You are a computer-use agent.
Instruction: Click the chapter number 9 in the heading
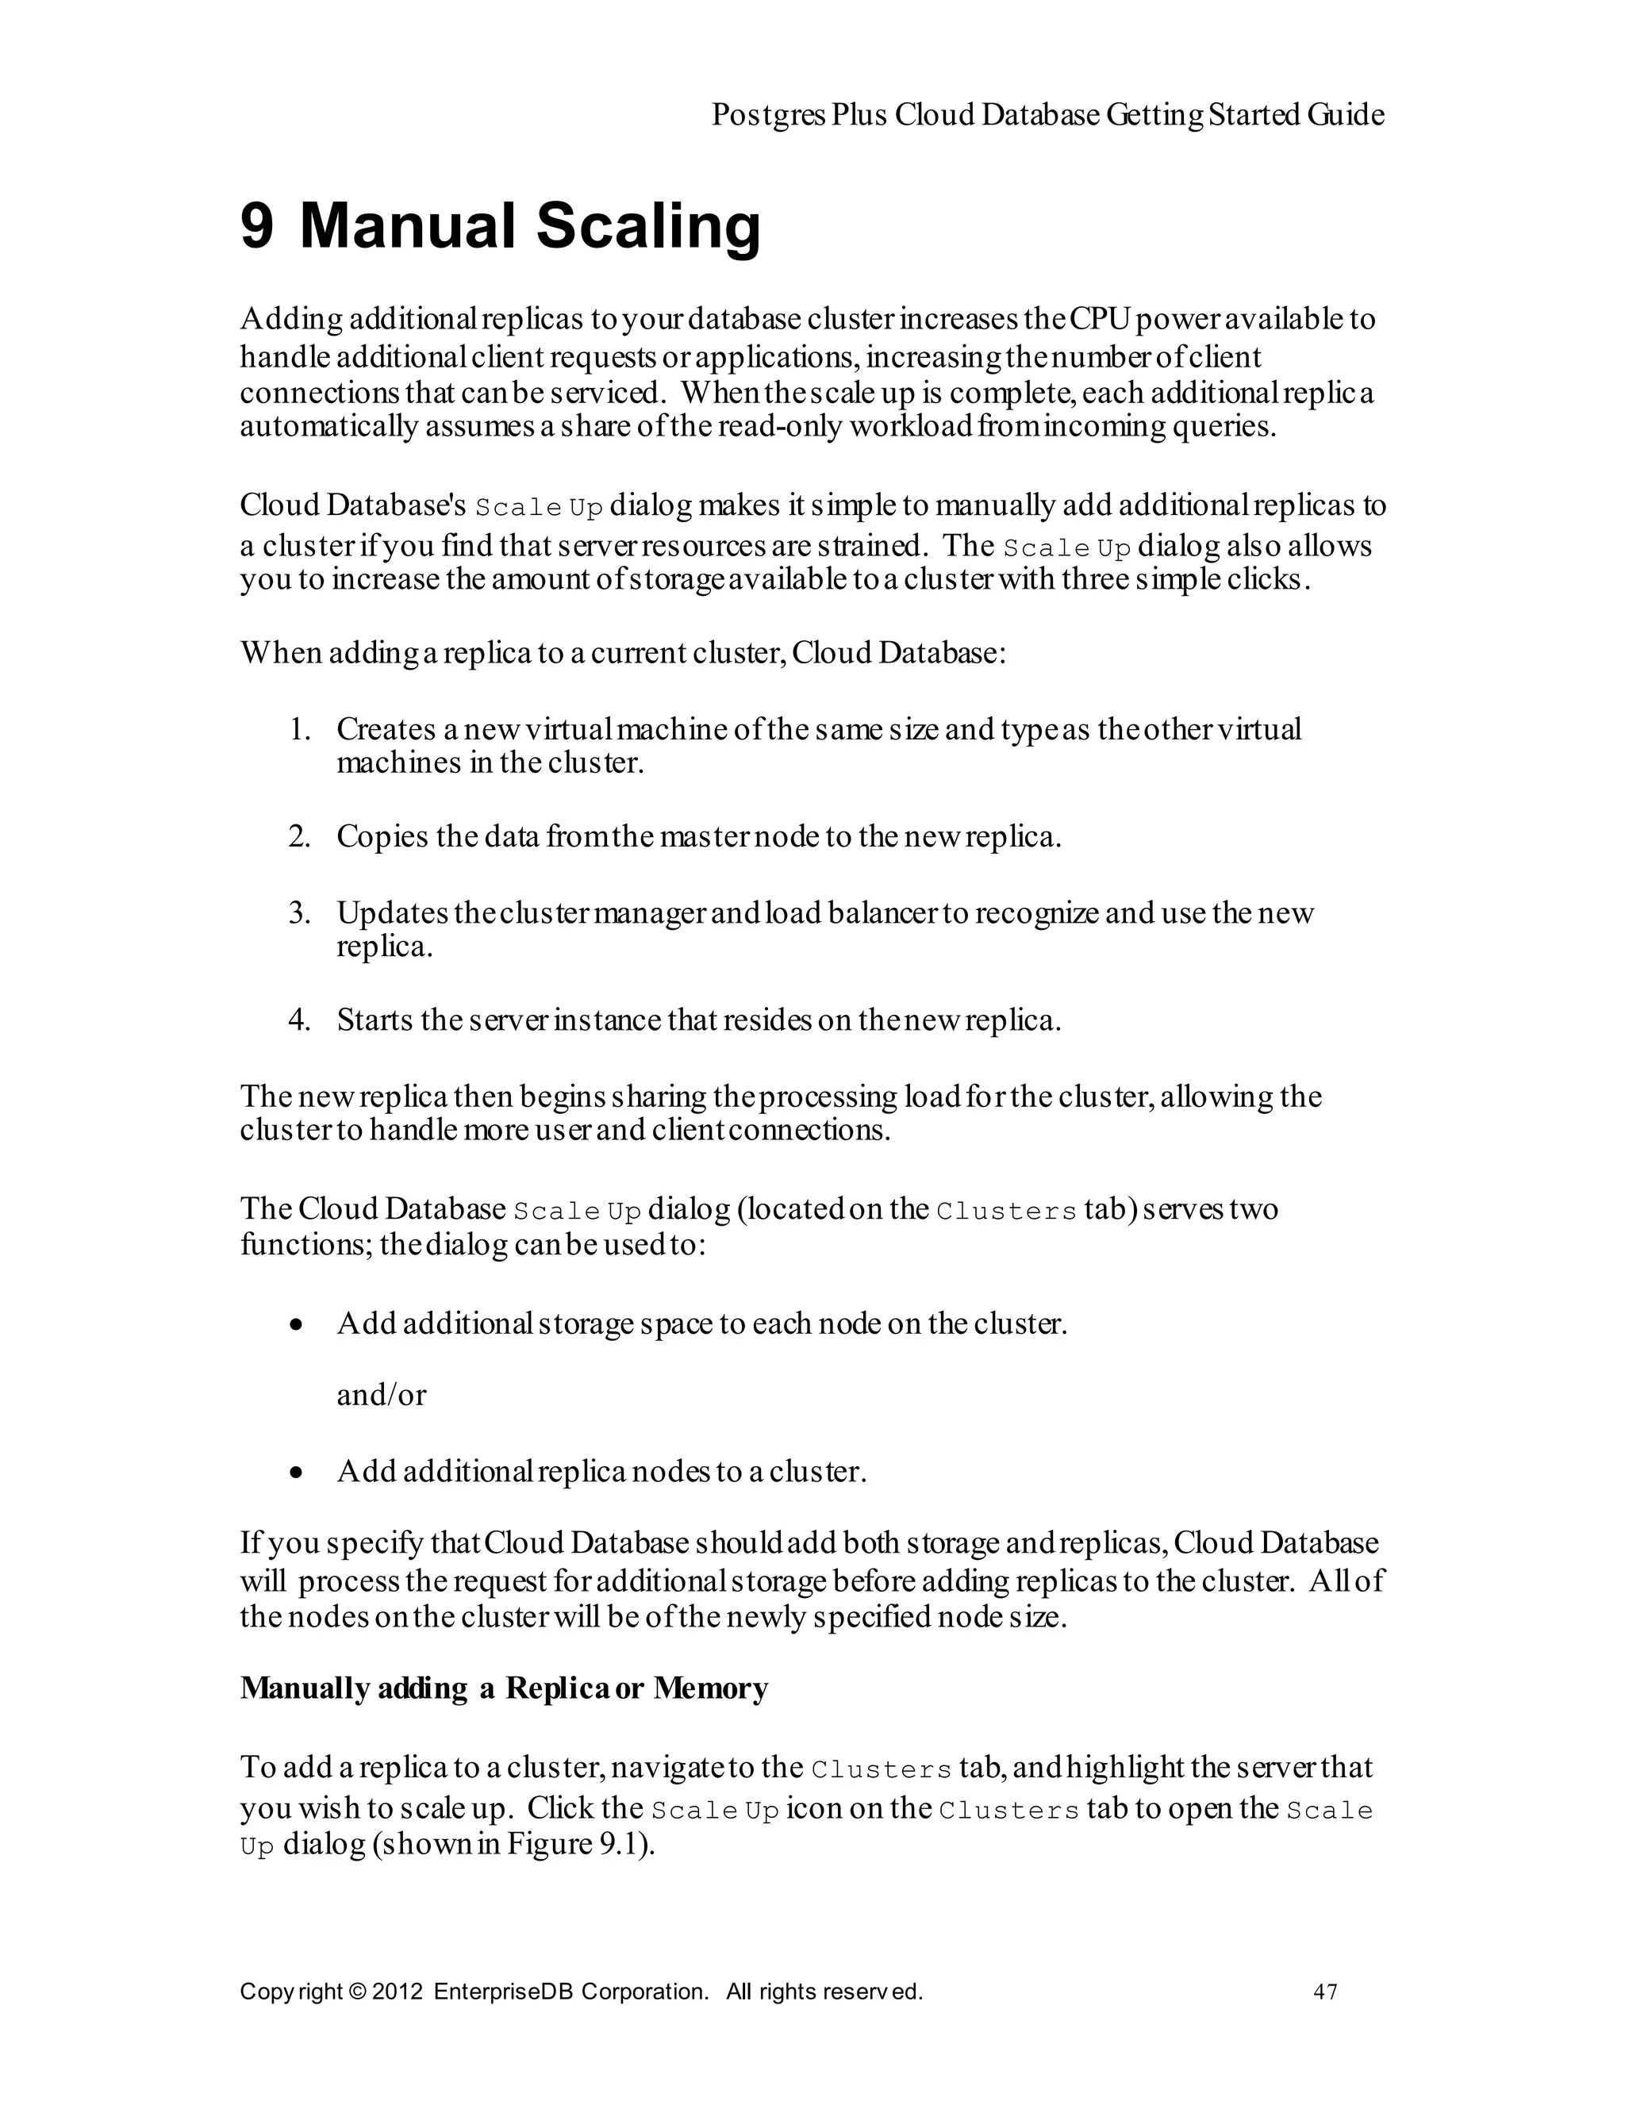click(257, 226)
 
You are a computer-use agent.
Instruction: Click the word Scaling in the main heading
click(647, 228)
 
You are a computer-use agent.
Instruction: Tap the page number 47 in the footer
click(1325, 1992)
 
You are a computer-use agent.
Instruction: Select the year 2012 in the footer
click(398, 1992)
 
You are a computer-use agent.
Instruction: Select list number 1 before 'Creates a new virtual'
click(299, 729)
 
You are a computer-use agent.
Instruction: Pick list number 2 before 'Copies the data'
click(299, 837)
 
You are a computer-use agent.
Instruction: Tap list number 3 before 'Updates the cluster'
click(299, 913)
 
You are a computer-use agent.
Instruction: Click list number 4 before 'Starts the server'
click(299, 1020)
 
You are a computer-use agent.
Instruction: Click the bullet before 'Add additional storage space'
click(298, 1327)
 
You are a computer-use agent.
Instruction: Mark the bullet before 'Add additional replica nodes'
click(298, 1473)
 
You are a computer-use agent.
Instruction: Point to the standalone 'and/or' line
click(381, 1395)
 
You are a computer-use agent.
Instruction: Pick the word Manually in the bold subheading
click(304, 1688)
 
